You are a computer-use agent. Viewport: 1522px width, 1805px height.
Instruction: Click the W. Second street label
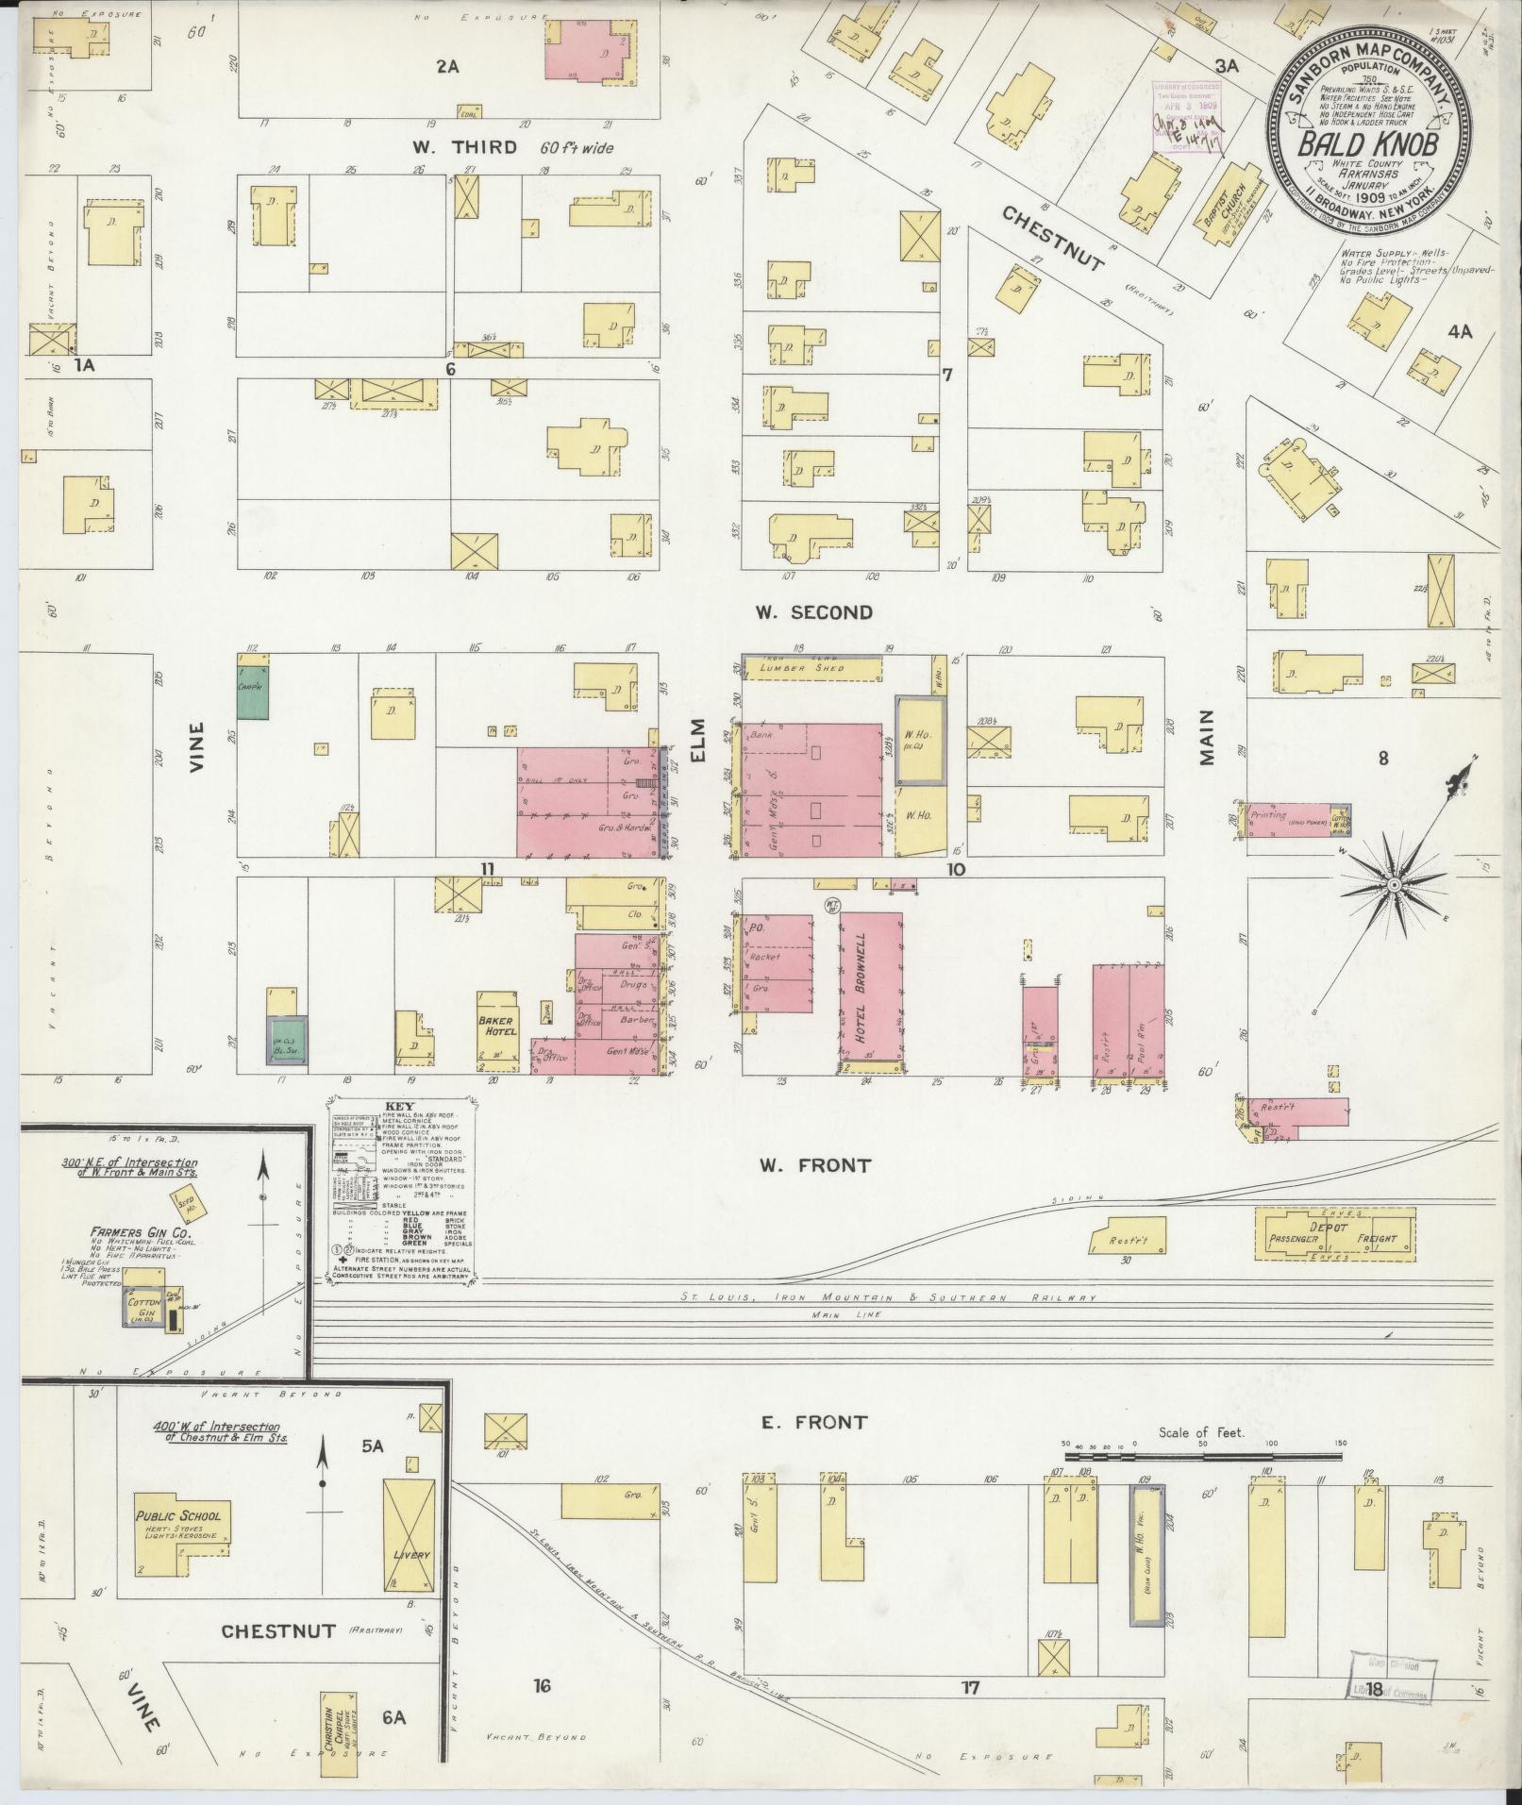pyautogui.click(x=812, y=612)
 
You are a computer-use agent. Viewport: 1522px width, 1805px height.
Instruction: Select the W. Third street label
pyautogui.click(x=464, y=146)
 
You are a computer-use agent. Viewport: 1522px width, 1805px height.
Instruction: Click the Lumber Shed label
pyautogui.click(x=811, y=668)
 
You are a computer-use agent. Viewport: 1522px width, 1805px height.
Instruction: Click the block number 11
pyautogui.click(x=487, y=868)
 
